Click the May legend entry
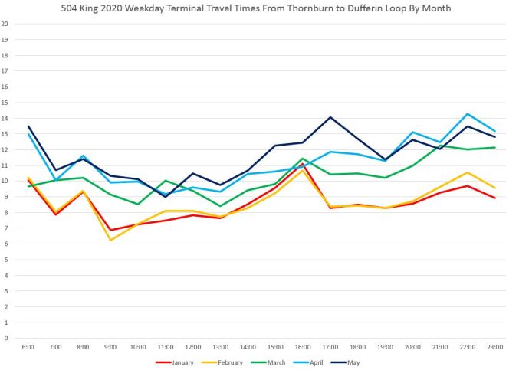(352, 362)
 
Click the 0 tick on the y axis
(5, 338)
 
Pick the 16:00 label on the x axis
(302, 348)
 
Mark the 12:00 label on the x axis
(193, 348)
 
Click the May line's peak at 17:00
(330, 117)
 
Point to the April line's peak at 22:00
(466, 114)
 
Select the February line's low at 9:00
(111, 240)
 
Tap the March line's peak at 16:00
(302, 159)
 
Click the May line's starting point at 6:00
(29, 126)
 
